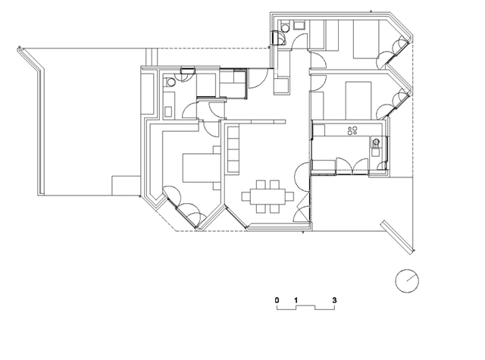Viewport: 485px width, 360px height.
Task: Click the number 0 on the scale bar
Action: click(277, 300)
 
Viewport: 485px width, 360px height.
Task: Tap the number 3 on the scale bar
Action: click(334, 300)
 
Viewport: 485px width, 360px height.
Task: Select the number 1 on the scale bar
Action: click(296, 300)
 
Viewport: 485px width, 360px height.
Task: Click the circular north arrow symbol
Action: click(407, 281)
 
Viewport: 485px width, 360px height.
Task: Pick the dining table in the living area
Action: click(268, 196)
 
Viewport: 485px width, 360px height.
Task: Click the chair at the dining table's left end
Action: click(246, 196)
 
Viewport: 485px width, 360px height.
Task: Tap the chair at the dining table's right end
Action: click(289, 196)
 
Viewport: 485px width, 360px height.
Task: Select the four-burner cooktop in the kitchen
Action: click(352, 130)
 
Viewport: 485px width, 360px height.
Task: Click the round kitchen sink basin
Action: click(376, 142)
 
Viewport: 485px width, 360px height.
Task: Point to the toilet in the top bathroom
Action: click(285, 27)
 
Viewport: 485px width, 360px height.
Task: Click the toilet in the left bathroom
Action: click(170, 83)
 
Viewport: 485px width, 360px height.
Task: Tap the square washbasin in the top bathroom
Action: click(299, 25)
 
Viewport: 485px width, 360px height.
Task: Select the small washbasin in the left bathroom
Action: click(168, 111)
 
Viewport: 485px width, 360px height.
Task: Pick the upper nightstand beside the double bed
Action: click(217, 150)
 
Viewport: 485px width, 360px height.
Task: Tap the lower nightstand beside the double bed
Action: click(217, 186)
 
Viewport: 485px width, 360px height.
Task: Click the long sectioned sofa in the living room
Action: click(233, 149)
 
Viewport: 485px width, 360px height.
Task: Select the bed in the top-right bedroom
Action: click(366, 39)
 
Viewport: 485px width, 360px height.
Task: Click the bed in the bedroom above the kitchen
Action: click(358, 101)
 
